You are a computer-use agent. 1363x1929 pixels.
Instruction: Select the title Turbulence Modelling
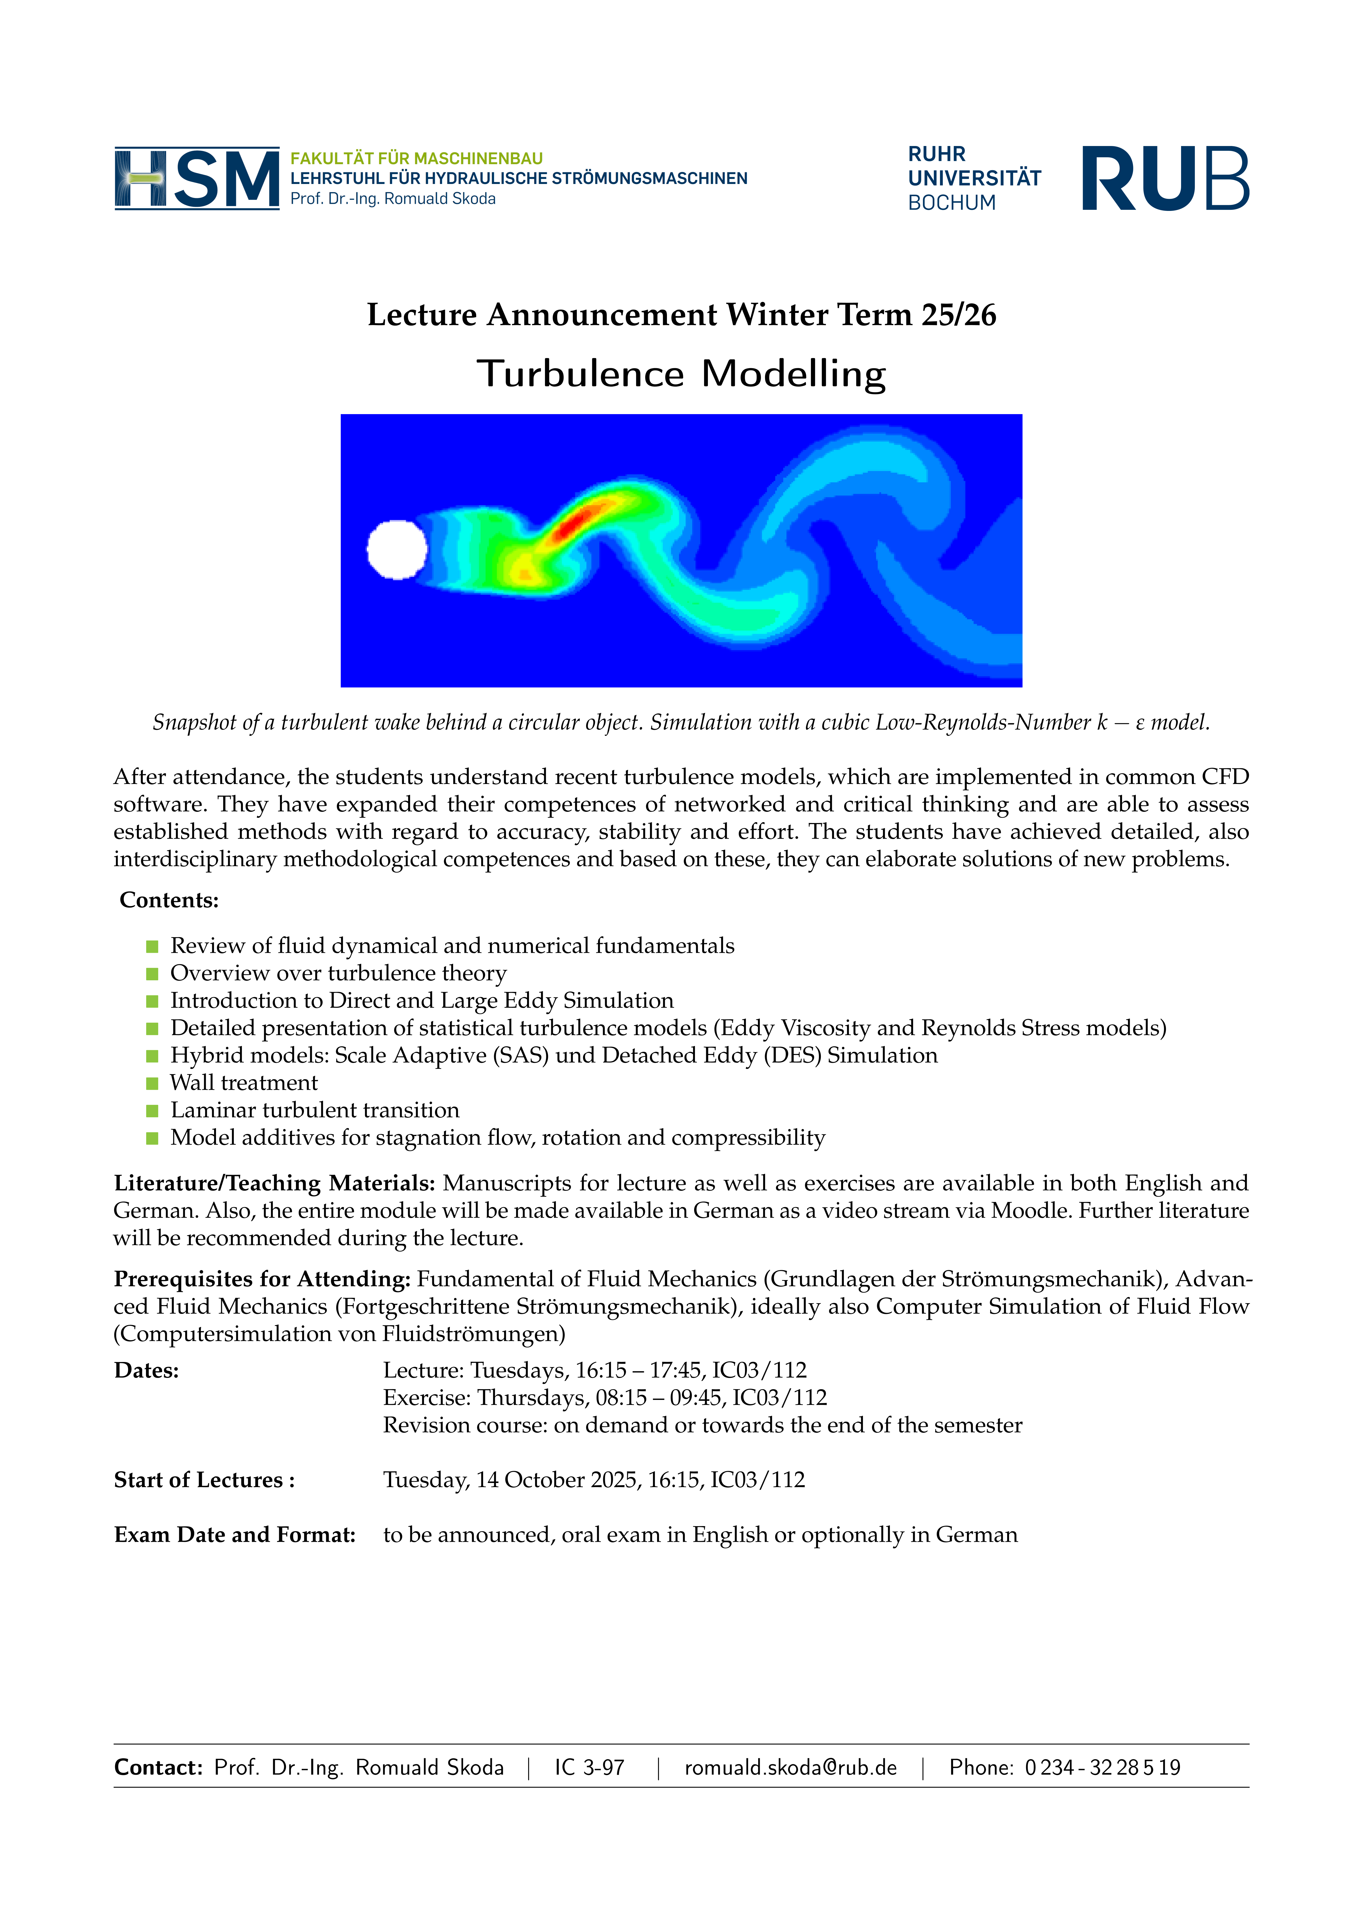(681, 374)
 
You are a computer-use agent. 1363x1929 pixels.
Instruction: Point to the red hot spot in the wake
(574, 522)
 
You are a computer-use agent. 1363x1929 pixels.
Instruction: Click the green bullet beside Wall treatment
(152, 1083)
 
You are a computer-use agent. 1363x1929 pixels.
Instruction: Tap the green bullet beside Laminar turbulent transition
(152, 1111)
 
